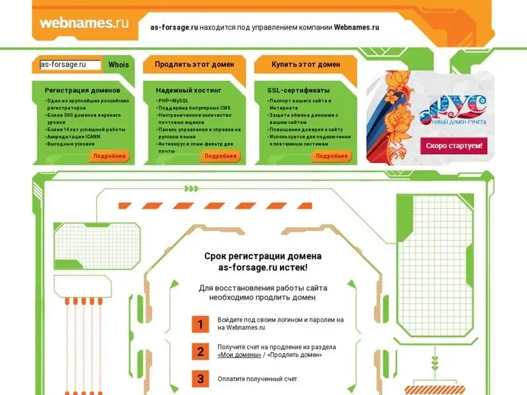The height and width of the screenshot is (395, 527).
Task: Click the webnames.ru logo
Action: [84, 23]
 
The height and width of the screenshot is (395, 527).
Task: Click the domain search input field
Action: [70, 65]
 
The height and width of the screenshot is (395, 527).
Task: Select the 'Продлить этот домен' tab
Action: [194, 65]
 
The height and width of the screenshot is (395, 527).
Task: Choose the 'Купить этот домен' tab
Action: [306, 65]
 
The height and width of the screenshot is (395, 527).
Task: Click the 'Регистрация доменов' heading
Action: [82, 90]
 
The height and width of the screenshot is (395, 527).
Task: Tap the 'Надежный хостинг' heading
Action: [188, 90]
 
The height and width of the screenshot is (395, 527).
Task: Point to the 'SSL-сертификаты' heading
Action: [298, 90]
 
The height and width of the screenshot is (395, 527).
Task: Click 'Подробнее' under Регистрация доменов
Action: [109, 156]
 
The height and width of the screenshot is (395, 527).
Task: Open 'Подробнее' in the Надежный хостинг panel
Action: [220, 156]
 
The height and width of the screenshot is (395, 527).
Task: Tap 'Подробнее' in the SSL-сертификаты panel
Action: [331, 156]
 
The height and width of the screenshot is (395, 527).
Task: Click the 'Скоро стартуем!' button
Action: [454, 145]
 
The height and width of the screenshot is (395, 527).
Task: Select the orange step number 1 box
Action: [200, 324]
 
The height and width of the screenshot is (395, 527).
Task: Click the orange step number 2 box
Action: [200, 352]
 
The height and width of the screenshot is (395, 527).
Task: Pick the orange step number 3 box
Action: [200, 379]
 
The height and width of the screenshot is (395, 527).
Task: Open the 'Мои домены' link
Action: [239, 355]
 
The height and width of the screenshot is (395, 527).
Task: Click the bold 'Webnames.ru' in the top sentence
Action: [356, 27]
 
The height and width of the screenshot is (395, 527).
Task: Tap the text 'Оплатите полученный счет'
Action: [257, 379]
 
